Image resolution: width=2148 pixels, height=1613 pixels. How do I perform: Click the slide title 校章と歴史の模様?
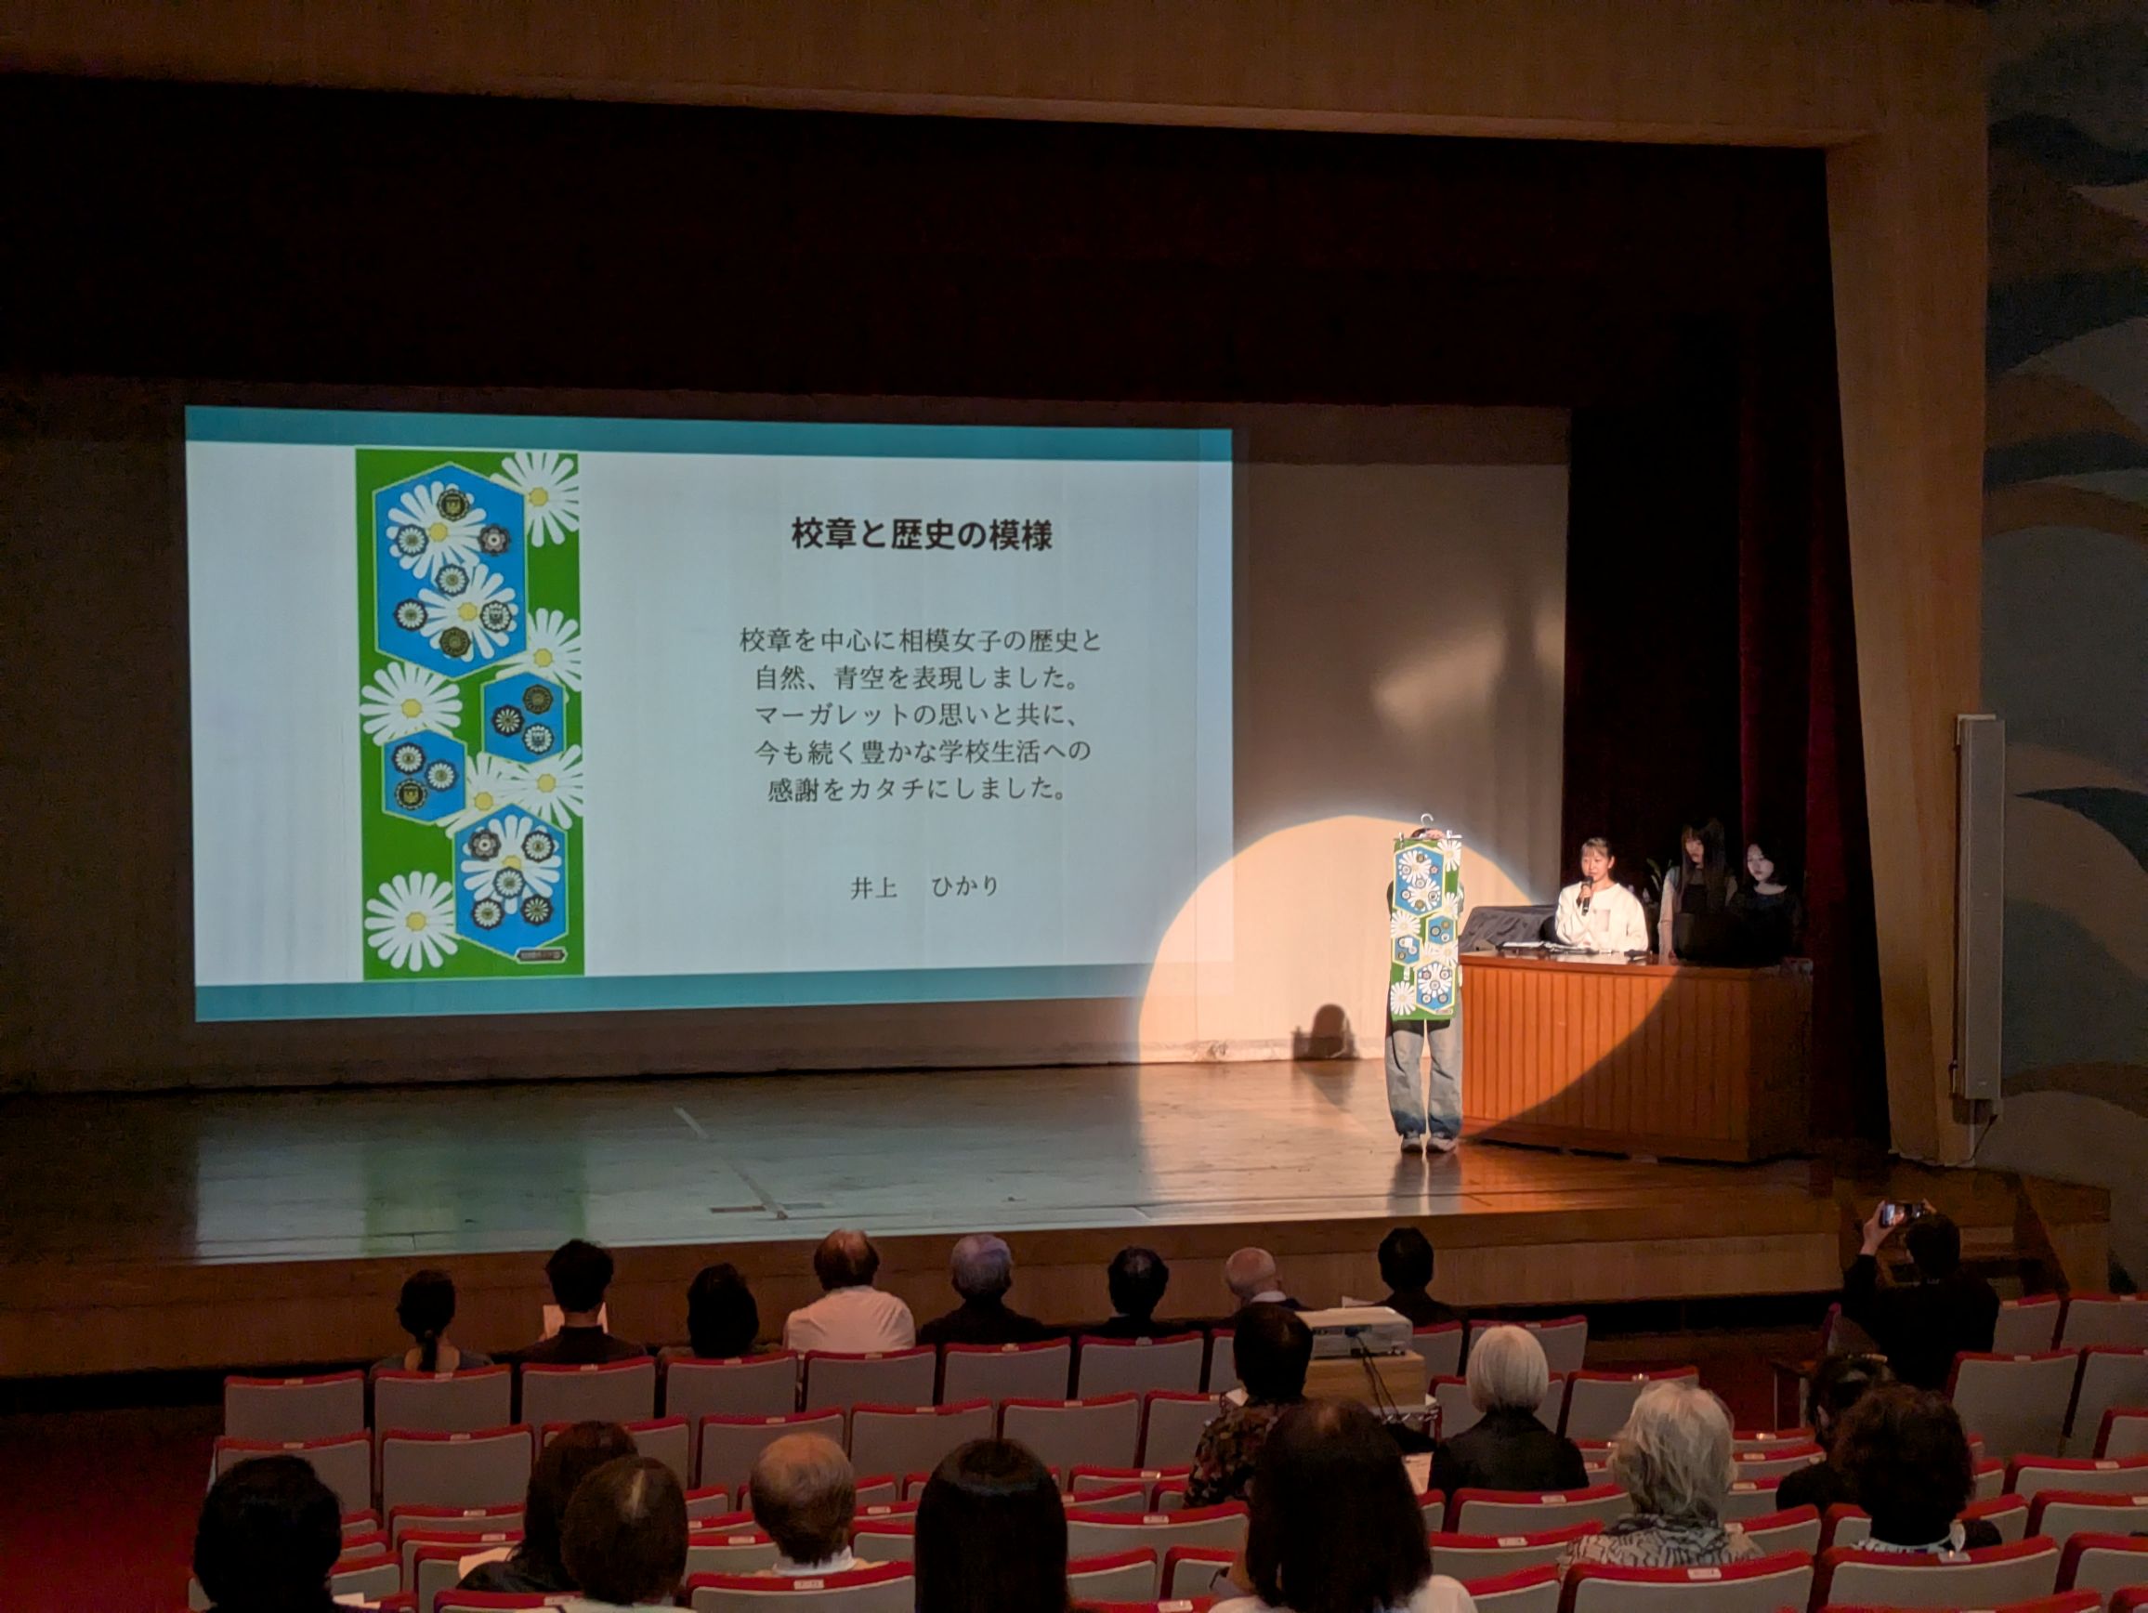pos(921,534)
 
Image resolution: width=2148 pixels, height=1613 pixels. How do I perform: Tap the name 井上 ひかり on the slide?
pos(923,886)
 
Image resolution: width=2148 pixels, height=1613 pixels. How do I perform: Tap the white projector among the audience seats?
pos(1356,1331)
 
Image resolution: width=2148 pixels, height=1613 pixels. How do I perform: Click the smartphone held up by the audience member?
pos(1902,1213)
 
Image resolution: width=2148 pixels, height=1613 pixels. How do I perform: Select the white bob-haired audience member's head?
pos(1505,1368)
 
